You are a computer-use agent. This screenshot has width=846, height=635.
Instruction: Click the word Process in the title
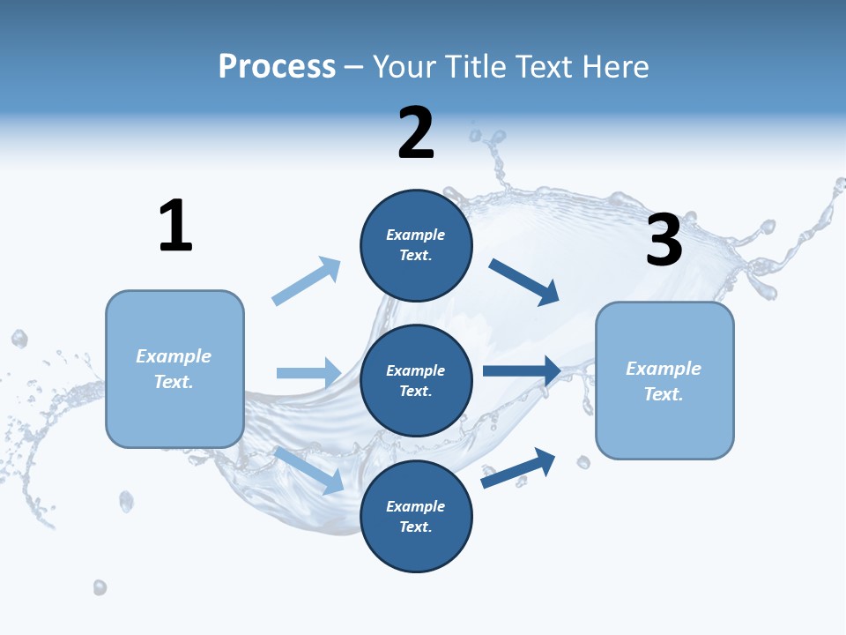point(277,67)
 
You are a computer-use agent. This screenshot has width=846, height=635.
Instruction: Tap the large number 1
point(175,226)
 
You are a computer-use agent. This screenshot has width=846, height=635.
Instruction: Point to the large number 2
point(416,133)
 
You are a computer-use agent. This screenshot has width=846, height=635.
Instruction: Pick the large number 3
point(664,240)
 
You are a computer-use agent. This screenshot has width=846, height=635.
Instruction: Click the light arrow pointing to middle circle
point(308,373)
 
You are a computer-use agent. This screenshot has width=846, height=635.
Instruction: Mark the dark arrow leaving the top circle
point(524,282)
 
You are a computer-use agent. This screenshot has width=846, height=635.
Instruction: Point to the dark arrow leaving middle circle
point(522,370)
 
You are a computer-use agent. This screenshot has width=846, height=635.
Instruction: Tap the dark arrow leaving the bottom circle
point(518,467)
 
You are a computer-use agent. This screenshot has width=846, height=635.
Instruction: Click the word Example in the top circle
point(416,235)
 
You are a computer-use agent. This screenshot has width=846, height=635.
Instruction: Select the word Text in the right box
point(664,394)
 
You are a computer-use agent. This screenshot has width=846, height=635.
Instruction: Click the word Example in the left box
point(174,356)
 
